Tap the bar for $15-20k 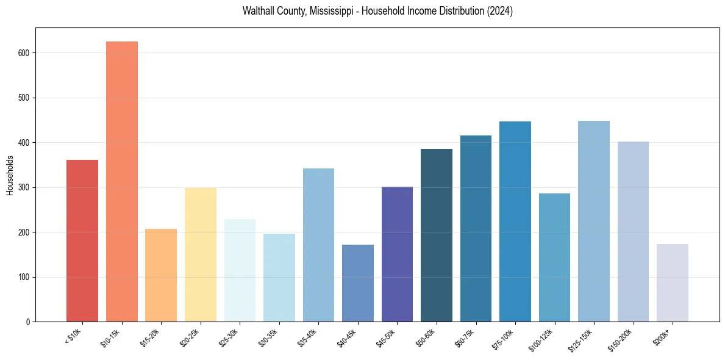(161, 275)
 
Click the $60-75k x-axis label (465, 337)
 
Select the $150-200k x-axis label (621, 339)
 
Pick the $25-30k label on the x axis (229, 337)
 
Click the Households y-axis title (10, 175)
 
